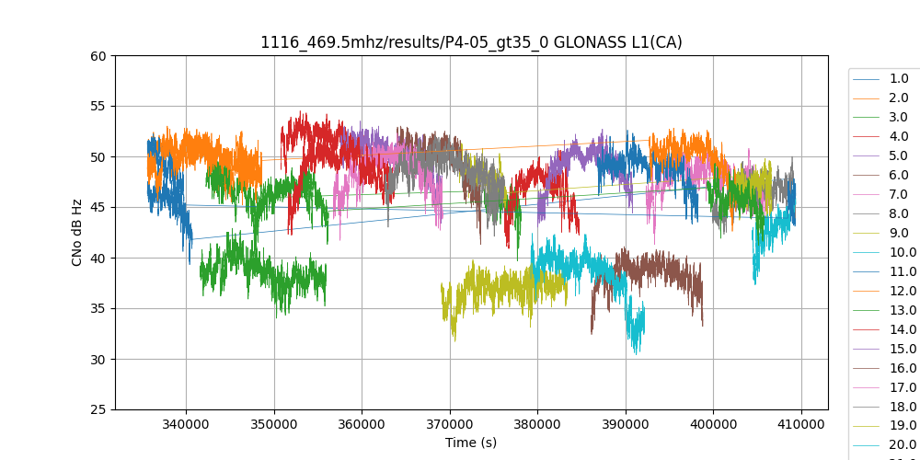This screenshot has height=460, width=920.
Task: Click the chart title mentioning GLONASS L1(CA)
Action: point(471,42)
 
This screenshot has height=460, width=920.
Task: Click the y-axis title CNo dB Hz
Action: point(77,233)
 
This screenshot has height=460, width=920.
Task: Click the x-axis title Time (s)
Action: point(471,443)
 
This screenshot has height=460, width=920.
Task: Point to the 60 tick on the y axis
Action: point(98,55)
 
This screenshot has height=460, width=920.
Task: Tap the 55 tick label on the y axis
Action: point(98,106)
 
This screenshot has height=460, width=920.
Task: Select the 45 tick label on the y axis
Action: point(98,207)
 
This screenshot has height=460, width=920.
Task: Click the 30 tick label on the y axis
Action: point(98,359)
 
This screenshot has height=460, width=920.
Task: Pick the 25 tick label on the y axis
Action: point(98,409)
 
